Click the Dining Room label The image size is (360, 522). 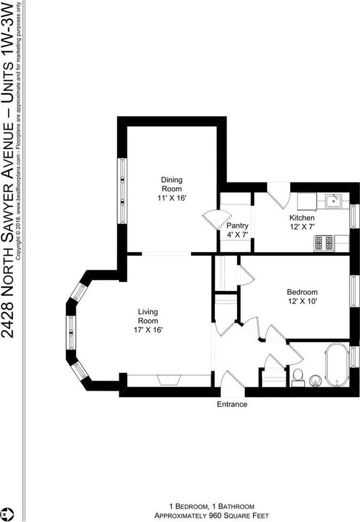[171, 184]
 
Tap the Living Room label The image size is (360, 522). [148, 316]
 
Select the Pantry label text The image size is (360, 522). [238, 225]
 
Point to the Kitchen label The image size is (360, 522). [302, 217]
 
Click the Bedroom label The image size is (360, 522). [302, 292]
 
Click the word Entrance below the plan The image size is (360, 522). [232, 404]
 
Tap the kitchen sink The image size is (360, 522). [333, 201]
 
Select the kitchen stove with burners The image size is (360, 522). [324, 243]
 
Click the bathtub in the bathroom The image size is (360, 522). [337, 365]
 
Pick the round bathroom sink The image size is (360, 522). [315, 381]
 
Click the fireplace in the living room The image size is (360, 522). [169, 380]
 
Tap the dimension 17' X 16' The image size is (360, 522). [148, 330]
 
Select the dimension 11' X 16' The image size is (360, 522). [171, 198]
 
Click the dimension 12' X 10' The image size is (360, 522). [302, 302]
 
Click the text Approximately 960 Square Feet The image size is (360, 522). [212, 515]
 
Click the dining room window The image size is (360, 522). [122, 190]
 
